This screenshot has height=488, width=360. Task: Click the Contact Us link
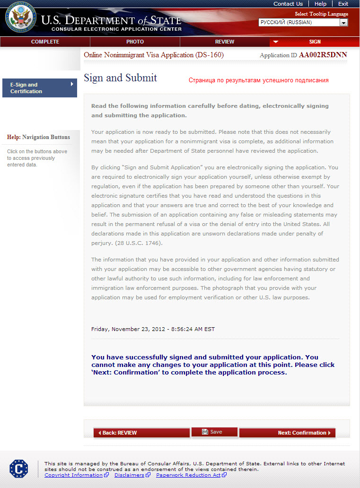pyautogui.click(x=288, y=4)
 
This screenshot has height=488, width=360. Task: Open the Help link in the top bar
pyautogui.click(x=320, y=4)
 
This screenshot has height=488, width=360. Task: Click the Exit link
pyautogui.click(x=343, y=4)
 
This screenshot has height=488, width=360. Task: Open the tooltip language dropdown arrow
pyautogui.click(x=344, y=22)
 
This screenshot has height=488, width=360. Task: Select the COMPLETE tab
pyautogui.click(x=45, y=42)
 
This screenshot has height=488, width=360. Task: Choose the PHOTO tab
pyautogui.click(x=135, y=42)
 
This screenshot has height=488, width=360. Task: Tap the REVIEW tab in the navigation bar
pyautogui.click(x=225, y=42)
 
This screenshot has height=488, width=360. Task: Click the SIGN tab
pyautogui.click(x=315, y=42)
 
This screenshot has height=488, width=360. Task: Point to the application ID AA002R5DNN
pyautogui.click(x=323, y=55)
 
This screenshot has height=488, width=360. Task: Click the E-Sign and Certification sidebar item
pyautogui.click(x=39, y=88)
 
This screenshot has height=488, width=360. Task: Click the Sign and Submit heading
pyautogui.click(x=120, y=78)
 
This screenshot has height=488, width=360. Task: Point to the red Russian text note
pyautogui.click(x=258, y=80)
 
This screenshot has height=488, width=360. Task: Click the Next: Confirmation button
pyautogui.click(x=287, y=433)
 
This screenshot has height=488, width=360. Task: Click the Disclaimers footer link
pyautogui.click(x=129, y=475)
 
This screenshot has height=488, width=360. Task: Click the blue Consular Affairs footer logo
pyautogui.click(x=18, y=468)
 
